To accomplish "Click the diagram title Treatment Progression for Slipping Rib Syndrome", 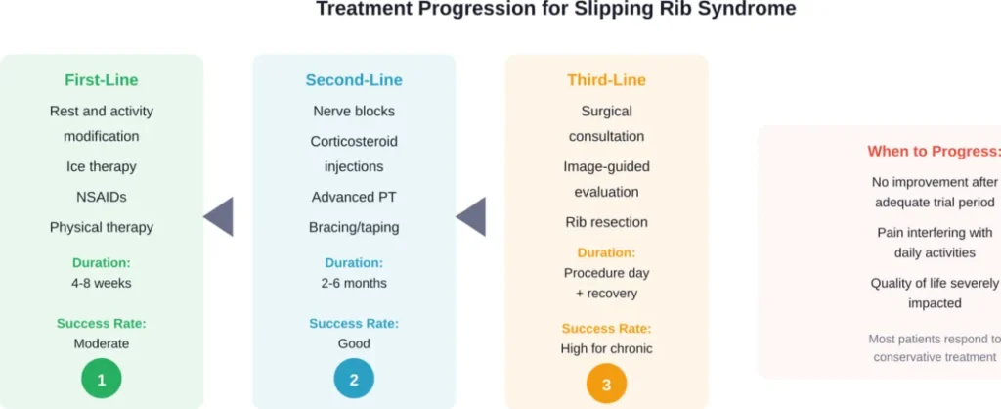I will [555, 10].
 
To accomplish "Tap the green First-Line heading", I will [102, 80].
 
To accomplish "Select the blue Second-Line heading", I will [354, 80].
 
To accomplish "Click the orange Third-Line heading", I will [606, 80].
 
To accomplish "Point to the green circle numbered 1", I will [102, 378].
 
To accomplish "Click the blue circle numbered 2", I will [354, 378].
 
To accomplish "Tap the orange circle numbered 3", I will [606, 385].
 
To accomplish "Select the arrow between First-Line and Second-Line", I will [219, 216].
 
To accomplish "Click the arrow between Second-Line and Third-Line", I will [471, 216].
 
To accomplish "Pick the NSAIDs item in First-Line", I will [102, 197].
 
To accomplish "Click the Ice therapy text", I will [102, 166].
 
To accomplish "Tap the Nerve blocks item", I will [354, 111].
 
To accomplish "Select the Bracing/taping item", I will [354, 227].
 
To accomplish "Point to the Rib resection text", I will [606, 221].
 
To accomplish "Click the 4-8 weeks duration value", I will [102, 283].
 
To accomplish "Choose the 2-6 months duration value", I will [354, 283].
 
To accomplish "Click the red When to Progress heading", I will [934, 152].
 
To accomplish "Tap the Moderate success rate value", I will [102, 343].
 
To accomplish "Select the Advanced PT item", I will [354, 197].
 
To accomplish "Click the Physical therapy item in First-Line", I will [102, 227].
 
